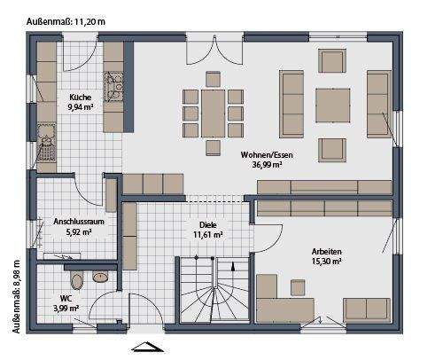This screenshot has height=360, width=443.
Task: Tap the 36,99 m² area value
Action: (267, 164)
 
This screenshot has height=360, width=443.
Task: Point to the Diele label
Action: (208, 225)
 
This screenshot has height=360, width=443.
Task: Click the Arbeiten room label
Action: (327, 252)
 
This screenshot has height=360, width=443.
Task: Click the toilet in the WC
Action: (77, 282)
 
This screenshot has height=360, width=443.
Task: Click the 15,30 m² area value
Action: (327, 262)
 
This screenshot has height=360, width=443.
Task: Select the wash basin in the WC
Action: (100, 277)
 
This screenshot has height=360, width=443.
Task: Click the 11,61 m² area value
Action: (208, 236)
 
